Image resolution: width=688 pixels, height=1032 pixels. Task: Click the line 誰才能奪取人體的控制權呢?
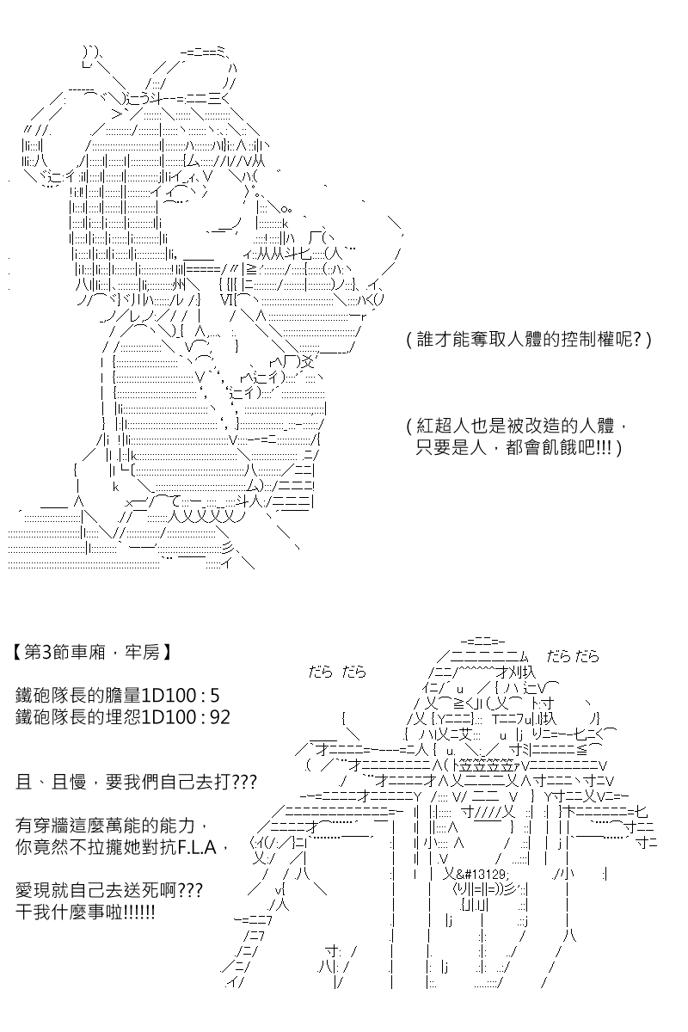coord(529,340)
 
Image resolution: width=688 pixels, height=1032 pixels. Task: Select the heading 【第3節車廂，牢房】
coord(92,653)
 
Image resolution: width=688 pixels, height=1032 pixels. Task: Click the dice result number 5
coord(214,695)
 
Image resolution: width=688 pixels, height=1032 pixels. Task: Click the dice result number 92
coord(219,717)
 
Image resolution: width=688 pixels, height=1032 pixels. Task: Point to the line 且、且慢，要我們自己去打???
coord(136,783)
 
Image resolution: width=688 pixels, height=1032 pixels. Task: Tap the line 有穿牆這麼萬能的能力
coord(105,826)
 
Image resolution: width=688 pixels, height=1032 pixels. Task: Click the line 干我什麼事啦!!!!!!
coord(85,912)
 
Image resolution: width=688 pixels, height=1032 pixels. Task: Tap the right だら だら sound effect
coord(573,656)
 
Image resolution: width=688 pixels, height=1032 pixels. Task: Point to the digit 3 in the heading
coord(47,653)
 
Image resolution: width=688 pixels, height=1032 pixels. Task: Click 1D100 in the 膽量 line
coord(169,695)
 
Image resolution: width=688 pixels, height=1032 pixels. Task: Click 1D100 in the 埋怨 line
coord(169,717)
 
